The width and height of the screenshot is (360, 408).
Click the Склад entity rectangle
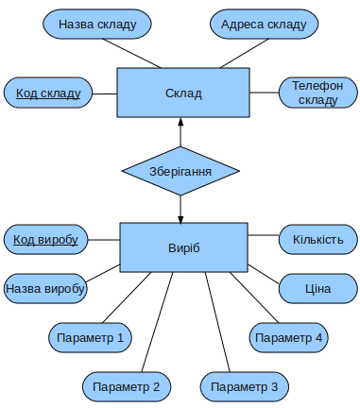(182, 93)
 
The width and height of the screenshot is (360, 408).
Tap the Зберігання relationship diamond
(180, 171)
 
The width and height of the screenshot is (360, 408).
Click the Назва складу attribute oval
(97, 25)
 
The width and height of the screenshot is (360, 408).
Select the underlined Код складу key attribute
(47, 93)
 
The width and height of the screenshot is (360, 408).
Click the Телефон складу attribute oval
(317, 93)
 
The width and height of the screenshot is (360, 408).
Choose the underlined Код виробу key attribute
(46, 240)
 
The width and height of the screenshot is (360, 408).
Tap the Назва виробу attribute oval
(46, 288)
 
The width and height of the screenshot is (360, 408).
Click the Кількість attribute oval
(317, 240)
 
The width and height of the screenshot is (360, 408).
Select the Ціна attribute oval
(317, 288)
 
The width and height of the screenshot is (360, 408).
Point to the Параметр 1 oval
(90, 337)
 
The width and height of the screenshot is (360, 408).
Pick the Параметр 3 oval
(244, 385)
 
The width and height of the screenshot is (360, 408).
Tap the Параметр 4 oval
(289, 337)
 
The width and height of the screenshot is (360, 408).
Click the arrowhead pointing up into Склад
(180, 124)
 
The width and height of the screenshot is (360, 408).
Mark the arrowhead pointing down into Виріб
(180, 216)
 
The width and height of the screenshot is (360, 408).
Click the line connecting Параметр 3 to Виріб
(216, 321)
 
